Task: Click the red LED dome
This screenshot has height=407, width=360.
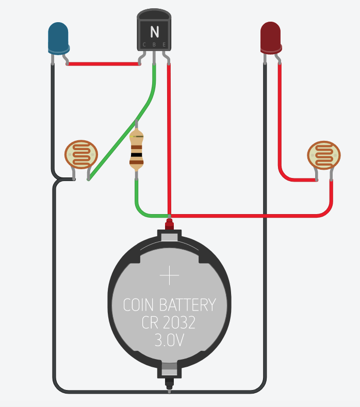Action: (x=271, y=37)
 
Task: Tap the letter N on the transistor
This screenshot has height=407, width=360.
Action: (x=154, y=32)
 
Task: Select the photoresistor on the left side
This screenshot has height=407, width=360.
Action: (x=81, y=154)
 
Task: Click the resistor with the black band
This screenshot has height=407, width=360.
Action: (x=136, y=150)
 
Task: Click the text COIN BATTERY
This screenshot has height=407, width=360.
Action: (x=169, y=305)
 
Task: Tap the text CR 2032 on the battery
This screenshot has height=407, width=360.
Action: (x=169, y=323)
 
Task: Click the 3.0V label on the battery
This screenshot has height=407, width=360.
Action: (x=169, y=340)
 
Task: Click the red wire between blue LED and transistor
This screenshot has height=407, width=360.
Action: (x=103, y=64)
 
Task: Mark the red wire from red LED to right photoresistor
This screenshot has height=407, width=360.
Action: (x=280, y=129)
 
